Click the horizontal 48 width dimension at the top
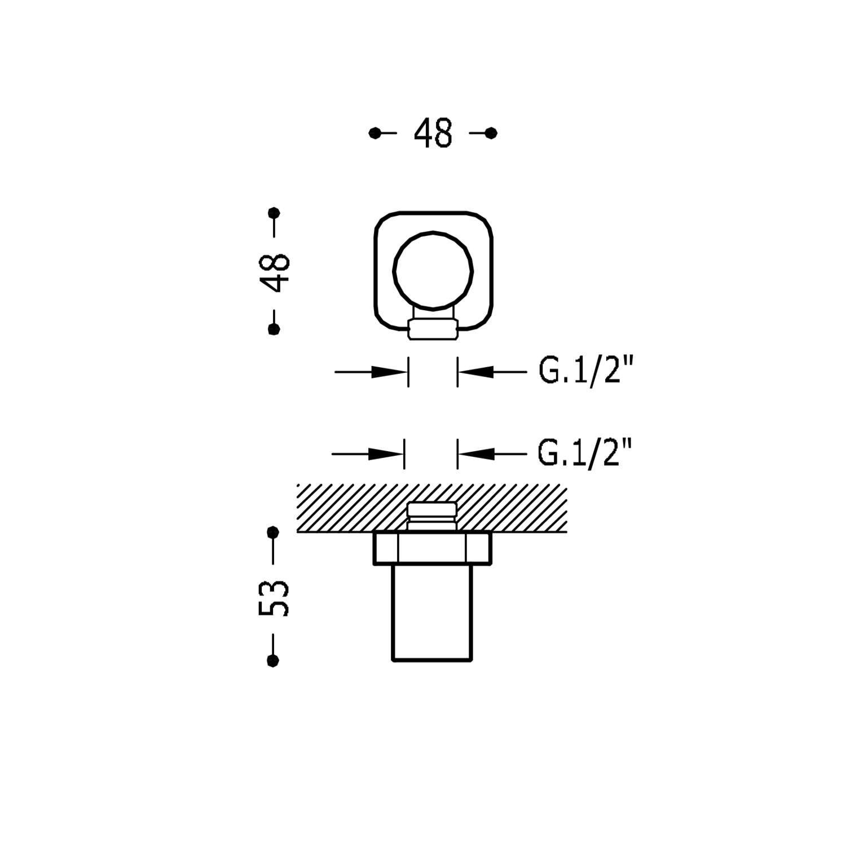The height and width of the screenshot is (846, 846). click(433, 134)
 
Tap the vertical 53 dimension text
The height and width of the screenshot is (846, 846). click(274, 597)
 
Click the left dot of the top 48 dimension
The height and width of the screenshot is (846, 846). click(374, 133)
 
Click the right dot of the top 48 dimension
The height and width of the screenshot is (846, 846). click(491, 133)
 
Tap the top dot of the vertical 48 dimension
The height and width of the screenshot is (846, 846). click(274, 213)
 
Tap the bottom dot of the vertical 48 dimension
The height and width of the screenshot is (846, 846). click(274, 329)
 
